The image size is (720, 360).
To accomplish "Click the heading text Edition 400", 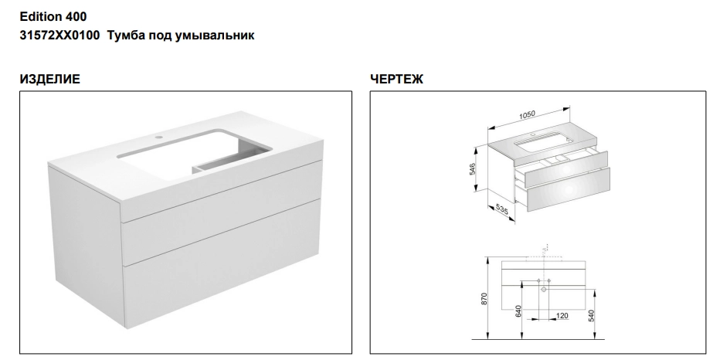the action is [53, 17].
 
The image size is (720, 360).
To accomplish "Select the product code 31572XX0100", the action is [59, 36].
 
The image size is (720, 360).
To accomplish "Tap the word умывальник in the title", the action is [215, 36].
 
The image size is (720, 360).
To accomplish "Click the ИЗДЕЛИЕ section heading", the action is [49, 79].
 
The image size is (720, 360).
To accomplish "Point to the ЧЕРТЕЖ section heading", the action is [397, 79].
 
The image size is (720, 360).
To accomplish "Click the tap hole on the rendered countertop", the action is [158, 137].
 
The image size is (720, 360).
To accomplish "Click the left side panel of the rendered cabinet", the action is [85, 239].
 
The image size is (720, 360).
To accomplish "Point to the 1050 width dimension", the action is [527, 114].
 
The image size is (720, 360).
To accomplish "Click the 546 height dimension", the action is [473, 169].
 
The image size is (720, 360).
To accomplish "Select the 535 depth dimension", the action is [502, 209].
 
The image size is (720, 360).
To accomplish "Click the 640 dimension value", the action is [518, 311].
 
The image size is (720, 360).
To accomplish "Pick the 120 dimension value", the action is [562, 315].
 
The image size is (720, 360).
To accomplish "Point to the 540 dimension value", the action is [592, 316].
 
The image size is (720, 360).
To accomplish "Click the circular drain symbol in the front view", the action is [544, 289].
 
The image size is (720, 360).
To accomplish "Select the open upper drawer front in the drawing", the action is [565, 169].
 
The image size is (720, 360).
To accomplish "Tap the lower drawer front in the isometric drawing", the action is [568, 189].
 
